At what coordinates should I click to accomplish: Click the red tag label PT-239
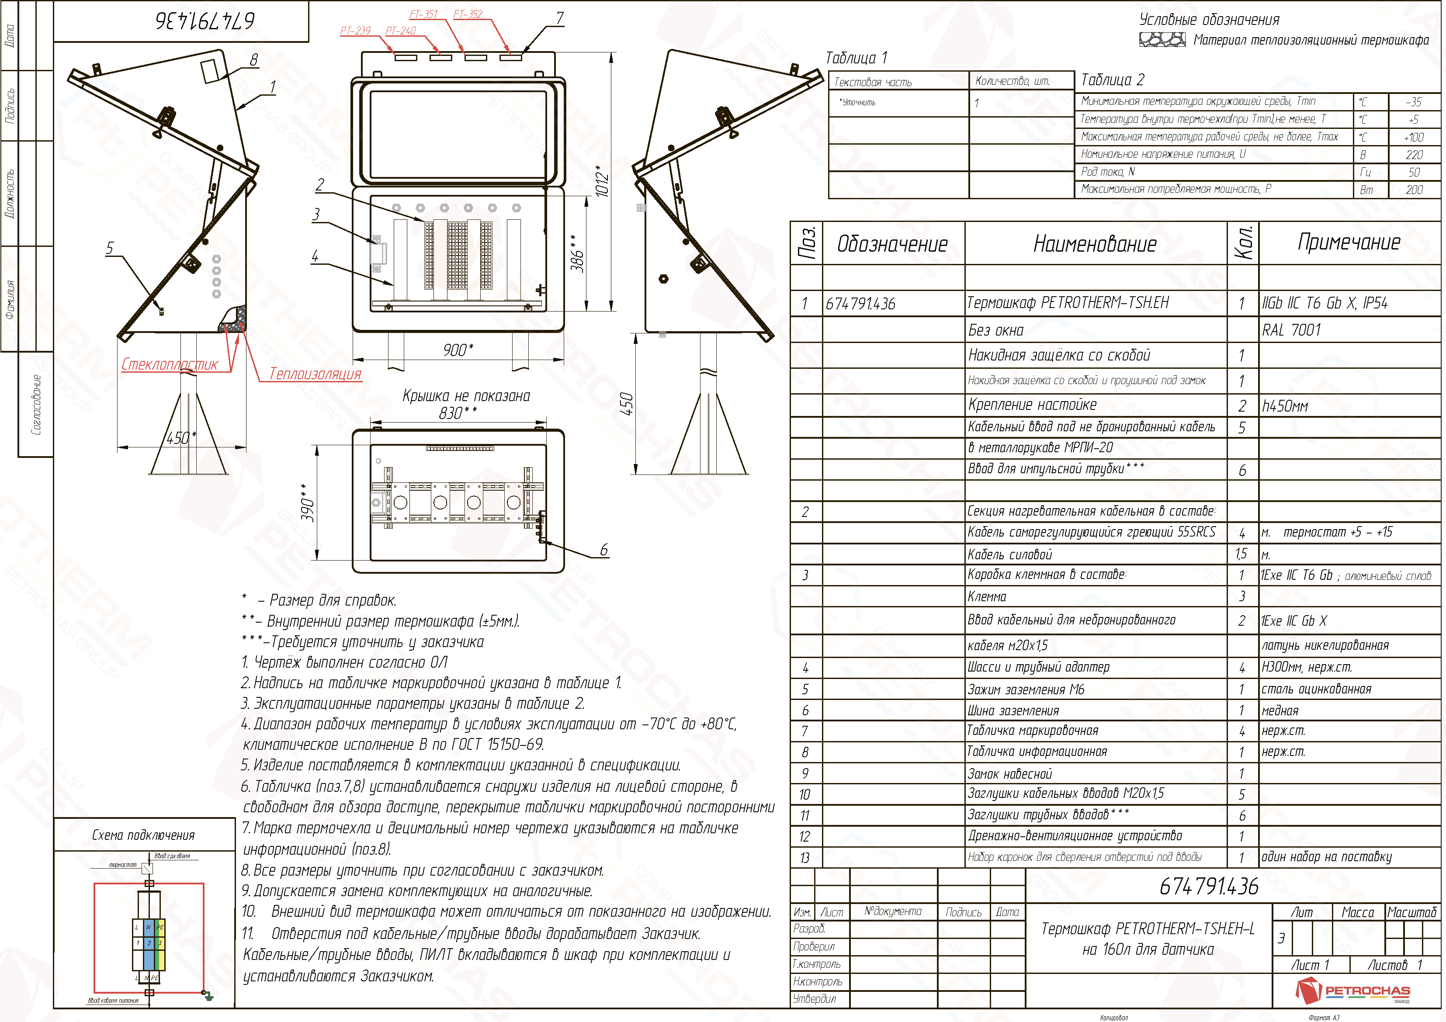355,31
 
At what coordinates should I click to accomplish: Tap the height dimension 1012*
602,181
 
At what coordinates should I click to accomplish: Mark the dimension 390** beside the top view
307,502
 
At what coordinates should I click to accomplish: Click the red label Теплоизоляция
315,374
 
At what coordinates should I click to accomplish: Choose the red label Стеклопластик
170,364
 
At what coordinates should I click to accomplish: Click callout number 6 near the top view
604,550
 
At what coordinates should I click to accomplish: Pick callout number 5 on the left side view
110,248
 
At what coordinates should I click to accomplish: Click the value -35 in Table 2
1413,102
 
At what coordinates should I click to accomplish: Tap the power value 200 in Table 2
1414,190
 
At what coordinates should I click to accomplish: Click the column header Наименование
1095,244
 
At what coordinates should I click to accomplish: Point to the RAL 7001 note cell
1291,330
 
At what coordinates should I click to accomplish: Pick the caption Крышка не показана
466,396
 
